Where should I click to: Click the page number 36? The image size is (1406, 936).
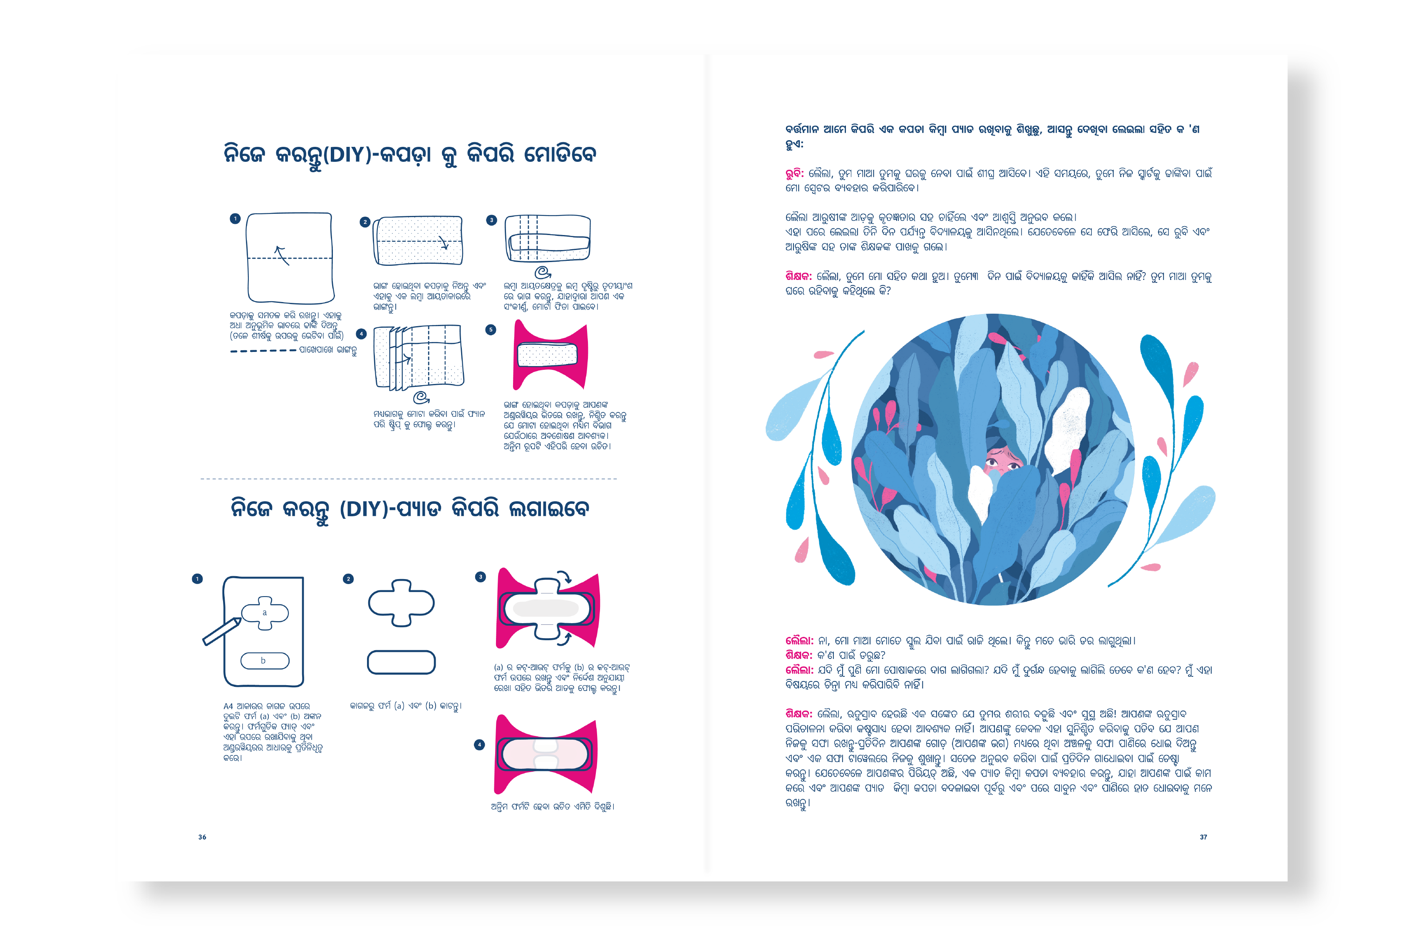pos(202,837)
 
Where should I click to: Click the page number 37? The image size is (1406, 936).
pos(1203,837)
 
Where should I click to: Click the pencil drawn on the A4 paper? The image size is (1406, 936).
pos(221,631)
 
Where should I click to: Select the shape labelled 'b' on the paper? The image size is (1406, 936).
pos(265,661)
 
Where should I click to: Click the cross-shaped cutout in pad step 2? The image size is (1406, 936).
pos(401,603)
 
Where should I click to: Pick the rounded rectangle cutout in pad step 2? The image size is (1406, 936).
pos(401,662)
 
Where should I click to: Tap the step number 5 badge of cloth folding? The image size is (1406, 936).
pos(491,329)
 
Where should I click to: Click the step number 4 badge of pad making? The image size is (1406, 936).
pos(479,744)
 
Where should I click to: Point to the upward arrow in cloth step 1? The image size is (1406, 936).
pos(281,255)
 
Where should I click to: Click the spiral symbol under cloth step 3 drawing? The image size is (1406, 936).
pos(543,273)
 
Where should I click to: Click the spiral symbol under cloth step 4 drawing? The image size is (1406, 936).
pos(422,397)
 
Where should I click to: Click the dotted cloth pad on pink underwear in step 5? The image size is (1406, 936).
pos(547,354)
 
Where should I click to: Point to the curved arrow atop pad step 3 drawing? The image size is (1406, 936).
pos(564,577)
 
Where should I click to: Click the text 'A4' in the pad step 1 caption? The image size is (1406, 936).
pos(228,706)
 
